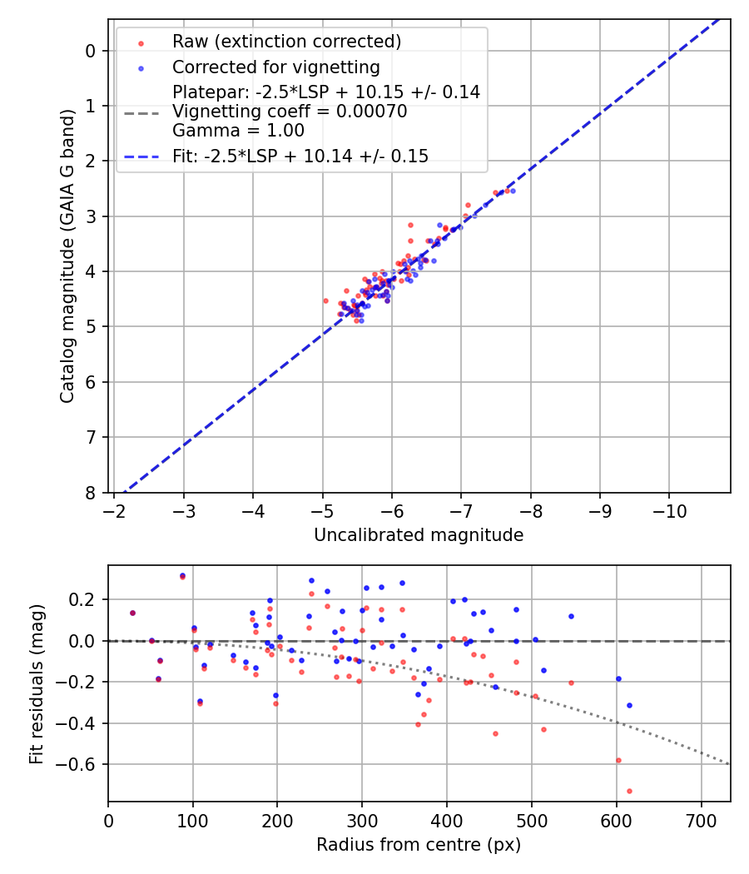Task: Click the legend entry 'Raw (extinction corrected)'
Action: tap(286, 41)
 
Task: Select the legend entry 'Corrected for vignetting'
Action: tap(275, 67)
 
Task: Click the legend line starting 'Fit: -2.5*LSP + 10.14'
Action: tap(300, 156)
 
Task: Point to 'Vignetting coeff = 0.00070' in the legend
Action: tap(290, 112)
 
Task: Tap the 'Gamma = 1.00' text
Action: tap(238, 131)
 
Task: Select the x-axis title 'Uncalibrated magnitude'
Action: tap(419, 535)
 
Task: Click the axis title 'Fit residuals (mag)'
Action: tap(37, 683)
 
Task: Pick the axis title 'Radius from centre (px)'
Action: tap(419, 844)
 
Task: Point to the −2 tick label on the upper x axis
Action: tap(114, 509)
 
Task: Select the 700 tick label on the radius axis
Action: tap(701, 820)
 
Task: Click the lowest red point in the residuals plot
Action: tap(629, 791)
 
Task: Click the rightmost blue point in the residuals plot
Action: tap(629, 705)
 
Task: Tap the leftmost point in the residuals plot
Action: tap(132, 613)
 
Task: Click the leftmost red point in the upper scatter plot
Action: tap(325, 300)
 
